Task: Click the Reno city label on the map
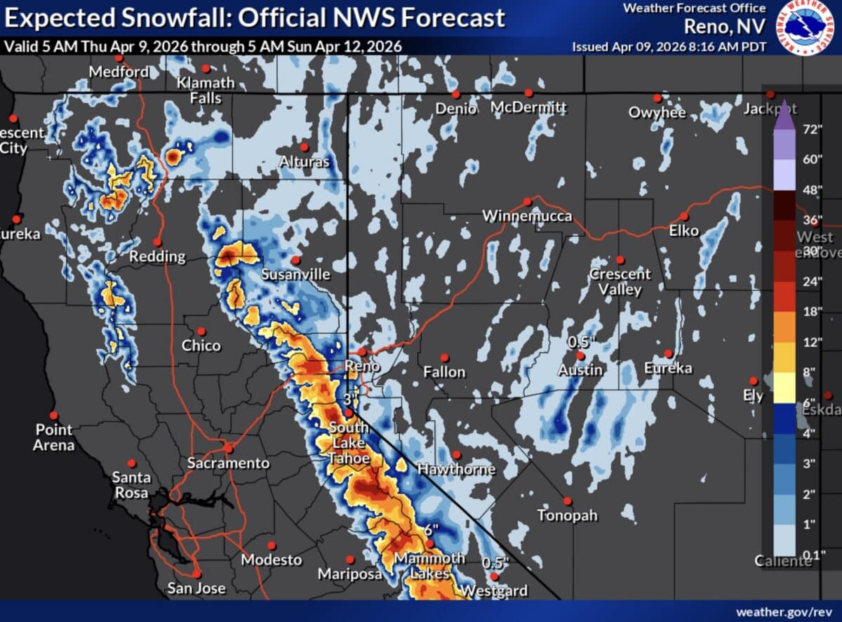[x=362, y=366]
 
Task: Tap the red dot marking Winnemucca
[x=528, y=201]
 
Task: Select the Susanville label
[x=295, y=274]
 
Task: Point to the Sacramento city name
[x=228, y=463]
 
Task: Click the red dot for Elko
[x=684, y=216]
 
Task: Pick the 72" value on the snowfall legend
[x=812, y=129]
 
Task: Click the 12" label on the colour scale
[x=812, y=342]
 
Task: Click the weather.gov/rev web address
[x=784, y=611]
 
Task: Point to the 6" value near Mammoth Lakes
[x=430, y=529]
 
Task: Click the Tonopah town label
[x=568, y=515]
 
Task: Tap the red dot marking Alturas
[x=305, y=147]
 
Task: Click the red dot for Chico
[x=201, y=331]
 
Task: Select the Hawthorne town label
[x=456, y=469]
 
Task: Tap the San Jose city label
[x=196, y=588]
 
